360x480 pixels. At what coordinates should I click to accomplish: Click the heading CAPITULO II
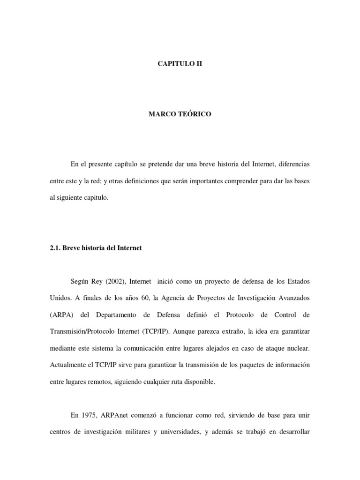[x=180, y=63]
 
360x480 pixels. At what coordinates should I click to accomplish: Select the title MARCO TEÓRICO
[x=180, y=114]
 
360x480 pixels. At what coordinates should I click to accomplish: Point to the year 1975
[x=91, y=415]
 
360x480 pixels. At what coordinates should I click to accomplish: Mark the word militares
[x=131, y=432]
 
